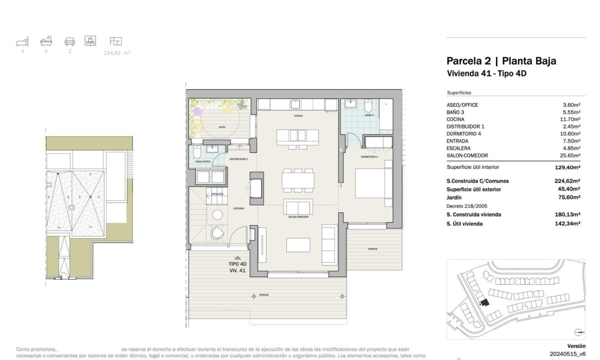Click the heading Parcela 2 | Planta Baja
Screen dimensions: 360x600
[x=501, y=61]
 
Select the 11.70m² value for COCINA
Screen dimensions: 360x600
[x=570, y=119]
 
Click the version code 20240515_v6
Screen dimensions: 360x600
[x=567, y=354]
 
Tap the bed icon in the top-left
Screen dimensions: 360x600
[x=22, y=41]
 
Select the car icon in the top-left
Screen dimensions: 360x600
[x=69, y=41]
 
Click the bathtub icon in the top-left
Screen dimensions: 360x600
[x=46, y=41]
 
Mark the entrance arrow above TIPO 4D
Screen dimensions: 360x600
[x=237, y=258]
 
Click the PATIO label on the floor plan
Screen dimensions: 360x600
[x=222, y=127]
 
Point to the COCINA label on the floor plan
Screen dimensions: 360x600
[x=298, y=116]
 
